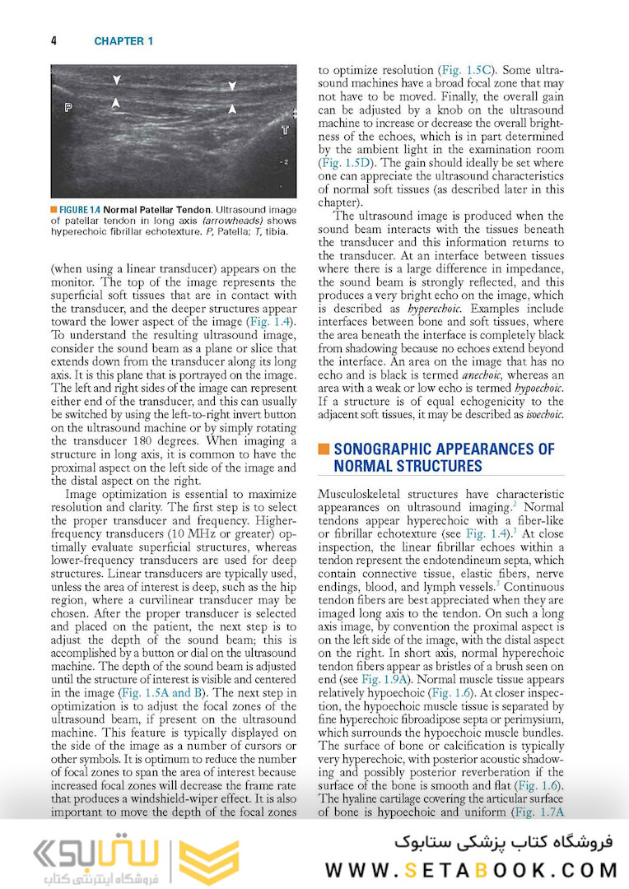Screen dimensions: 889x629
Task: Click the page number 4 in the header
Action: [x=54, y=40]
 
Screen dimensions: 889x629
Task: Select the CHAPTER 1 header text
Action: [x=123, y=40]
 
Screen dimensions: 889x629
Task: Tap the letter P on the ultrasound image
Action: [x=68, y=107]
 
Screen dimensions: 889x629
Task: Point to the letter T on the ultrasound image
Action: [x=285, y=130]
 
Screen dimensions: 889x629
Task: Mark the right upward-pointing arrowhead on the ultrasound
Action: [x=232, y=108]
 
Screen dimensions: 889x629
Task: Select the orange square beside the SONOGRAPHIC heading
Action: [x=324, y=449]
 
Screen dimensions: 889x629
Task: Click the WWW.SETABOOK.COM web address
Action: [x=472, y=869]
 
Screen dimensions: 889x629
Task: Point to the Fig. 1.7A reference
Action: [x=533, y=812]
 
